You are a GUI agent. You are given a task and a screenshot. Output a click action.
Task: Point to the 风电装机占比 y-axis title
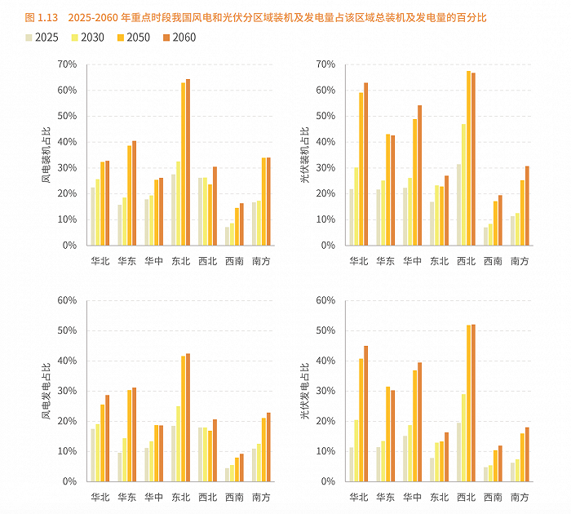point(46,154)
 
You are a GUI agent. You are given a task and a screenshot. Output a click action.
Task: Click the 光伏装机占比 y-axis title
point(305,154)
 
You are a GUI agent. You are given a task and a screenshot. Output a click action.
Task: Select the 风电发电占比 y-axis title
point(46,391)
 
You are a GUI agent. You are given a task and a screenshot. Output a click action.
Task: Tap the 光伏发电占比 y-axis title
point(305,391)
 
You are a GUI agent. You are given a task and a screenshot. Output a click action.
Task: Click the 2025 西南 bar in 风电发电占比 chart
point(228,474)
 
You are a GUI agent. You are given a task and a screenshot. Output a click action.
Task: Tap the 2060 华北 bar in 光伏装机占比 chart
point(365,164)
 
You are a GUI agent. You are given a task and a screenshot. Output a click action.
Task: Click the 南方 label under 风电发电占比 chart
point(261,497)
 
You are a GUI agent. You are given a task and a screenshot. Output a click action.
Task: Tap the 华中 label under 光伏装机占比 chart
point(412,261)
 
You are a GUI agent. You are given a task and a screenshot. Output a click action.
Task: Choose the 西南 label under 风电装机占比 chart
point(235,261)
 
